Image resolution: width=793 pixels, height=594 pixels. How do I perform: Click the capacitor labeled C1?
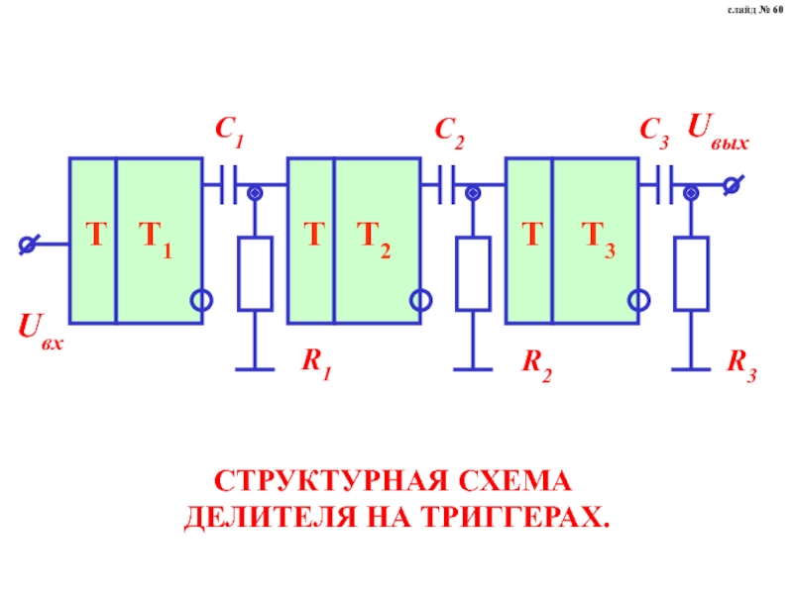pyautogui.click(x=228, y=185)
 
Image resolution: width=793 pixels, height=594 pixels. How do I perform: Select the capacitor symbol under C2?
pyautogui.click(x=447, y=185)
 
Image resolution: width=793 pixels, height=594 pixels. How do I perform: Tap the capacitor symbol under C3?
pyautogui.click(x=664, y=185)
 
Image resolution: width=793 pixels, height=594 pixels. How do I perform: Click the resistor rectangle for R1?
pyautogui.click(x=256, y=273)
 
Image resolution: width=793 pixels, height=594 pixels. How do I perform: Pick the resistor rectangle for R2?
pyautogui.click(x=474, y=273)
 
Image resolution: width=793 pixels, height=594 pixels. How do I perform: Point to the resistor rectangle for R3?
pyautogui.click(x=691, y=273)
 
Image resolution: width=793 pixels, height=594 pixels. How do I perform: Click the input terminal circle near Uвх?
pyautogui.click(x=28, y=245)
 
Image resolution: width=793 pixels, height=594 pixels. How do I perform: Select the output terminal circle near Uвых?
pyautogui.click(x=732, y=185)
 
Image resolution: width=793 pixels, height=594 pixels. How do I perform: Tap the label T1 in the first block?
pyautogui.click(x=156, y=240)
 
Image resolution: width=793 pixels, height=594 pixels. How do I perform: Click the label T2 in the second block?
pyautogui.click(x=374, y=240)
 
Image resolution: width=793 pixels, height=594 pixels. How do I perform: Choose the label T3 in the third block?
pyautogui.click(x=599, y=240)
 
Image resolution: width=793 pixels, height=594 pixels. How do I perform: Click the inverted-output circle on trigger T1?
pyautogui.click(x=202, y=301)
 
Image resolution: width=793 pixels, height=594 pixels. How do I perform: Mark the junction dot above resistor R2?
pyautogui.click(x=474, y=193)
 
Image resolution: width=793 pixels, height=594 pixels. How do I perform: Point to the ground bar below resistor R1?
pyautogui.click(x=256, y=369)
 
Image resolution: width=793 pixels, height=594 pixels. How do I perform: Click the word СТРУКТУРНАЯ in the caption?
pyautogui.click(x=331, y=481)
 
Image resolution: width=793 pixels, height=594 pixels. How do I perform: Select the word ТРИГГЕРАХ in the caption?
pyautogui.click(x=515, y=517)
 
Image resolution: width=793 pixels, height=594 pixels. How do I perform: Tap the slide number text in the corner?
pyautogui.click(x=755, y=10)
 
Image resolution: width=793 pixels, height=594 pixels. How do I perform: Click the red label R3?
pyautogui.click(x=741, y=365)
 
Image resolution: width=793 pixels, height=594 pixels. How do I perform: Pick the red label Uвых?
pyautogui.click(x=718, y=132)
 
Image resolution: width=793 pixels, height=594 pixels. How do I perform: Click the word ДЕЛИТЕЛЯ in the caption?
pyautogui.click(x=271, y=518)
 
